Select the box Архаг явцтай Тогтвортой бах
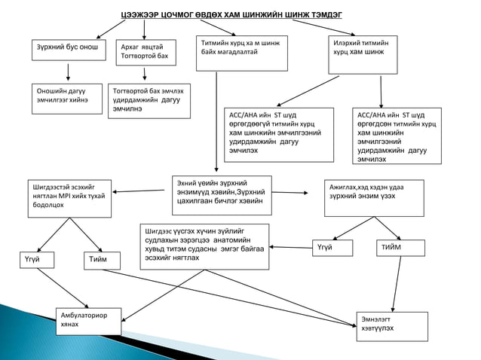(x=148, y=52)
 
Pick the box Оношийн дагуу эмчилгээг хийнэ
(x=66, y=98)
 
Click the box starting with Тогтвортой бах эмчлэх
(x=151, y=99)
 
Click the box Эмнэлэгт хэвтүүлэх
(x=391, y=326)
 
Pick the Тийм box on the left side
(x=102, y=259)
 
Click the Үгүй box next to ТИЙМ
(x=332, y=248)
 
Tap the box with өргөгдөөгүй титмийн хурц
(x=278, y=135)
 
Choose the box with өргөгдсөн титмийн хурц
(x=394, y=136)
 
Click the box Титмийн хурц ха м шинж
(x=241, y=53)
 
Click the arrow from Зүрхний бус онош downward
(x=69, y=72)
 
